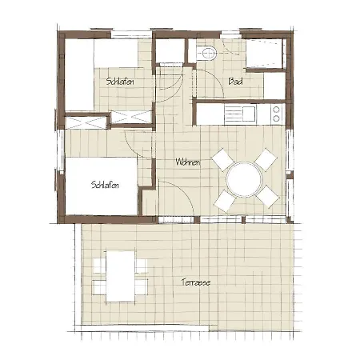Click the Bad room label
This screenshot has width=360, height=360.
coord(235,81)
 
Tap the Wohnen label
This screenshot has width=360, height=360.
coord(187,162)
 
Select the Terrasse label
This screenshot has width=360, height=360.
coord(196,282)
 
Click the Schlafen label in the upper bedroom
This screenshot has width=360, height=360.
coord(120,81)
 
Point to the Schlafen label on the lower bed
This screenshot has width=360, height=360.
coord(105,185)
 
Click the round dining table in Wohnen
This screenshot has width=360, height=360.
coord(244,179)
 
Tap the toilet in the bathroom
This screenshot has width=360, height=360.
coord(206,53)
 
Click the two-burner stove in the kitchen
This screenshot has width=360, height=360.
coord(277,114)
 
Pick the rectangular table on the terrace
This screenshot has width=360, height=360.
coord(121,276)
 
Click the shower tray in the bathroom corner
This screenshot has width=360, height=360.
coord(265,54)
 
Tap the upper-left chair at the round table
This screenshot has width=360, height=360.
coord(223,160)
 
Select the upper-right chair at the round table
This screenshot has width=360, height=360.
coord(266,160)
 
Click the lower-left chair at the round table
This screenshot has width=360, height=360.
coord(224,201)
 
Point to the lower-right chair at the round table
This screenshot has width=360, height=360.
coord(267,197)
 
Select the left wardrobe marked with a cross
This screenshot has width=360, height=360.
coord(86,122)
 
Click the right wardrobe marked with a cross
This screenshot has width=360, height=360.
coord(131,118)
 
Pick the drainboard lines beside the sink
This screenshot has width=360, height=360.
coord(232,114)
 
